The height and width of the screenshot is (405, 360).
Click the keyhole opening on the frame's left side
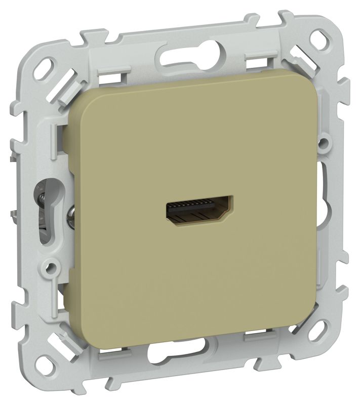41,202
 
